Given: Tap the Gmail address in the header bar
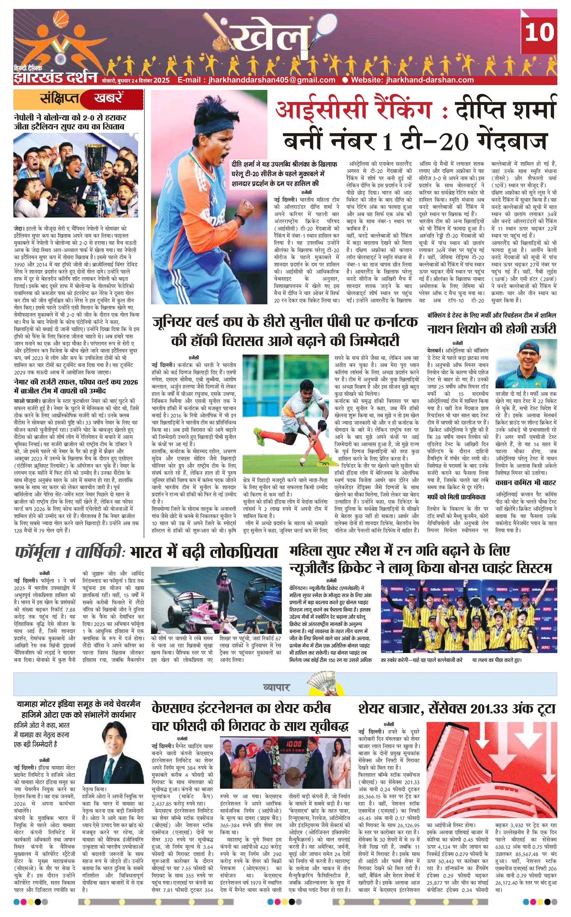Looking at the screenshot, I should [x=256, y=80].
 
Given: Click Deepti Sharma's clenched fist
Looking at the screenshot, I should [x=247, y=207].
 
